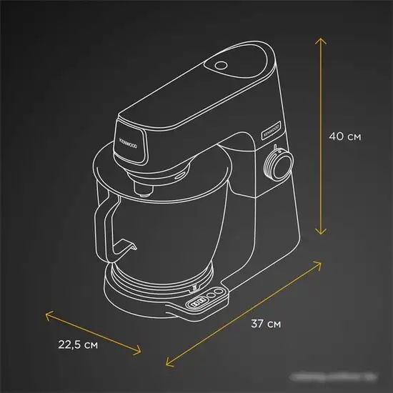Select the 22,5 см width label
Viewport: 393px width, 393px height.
pos(78,344)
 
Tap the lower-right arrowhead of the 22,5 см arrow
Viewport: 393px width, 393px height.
pos(139,350)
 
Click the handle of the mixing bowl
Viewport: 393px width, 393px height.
pos(109,229)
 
